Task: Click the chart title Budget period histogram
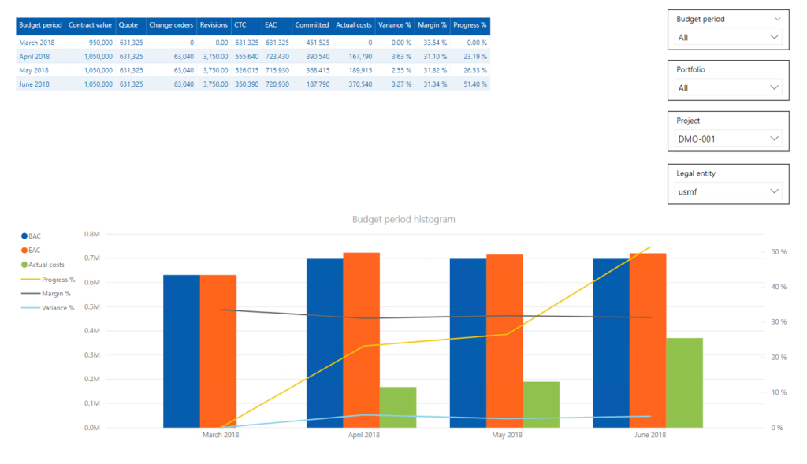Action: click(x=403, y=219)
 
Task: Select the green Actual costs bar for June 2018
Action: click(x=684, y=382)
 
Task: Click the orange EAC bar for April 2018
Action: click(x=361, y=340)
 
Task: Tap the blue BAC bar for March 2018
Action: click(x=181, y=351)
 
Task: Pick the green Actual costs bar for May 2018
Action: click(x=541, y=404)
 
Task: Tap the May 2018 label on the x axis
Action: click(x=507, y=435)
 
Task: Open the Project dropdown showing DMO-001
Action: click(x=729, y=139)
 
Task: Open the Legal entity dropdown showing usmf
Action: click(x=729, y=191)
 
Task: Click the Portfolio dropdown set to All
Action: click(x=729, y=88)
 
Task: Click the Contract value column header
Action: click(x=91, y=25)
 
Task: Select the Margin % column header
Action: click(x=433, y=25)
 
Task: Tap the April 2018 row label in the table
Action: click(x=35, y=57)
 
